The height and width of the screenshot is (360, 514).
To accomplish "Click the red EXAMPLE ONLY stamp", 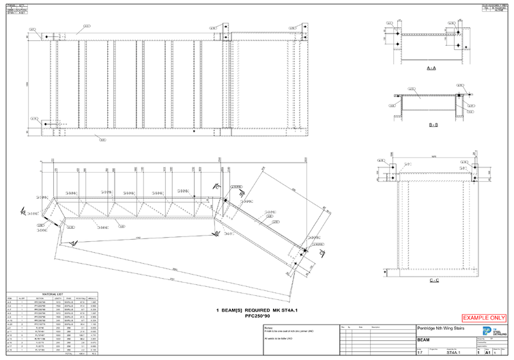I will tap(485, 318).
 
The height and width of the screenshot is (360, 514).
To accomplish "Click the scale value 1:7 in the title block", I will tap(420, 354).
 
